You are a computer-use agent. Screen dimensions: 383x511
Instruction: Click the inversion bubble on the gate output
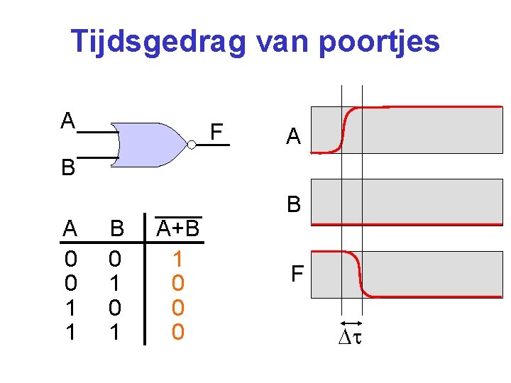tap(192, 144)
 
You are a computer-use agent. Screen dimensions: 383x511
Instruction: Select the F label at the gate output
tap(216, 132)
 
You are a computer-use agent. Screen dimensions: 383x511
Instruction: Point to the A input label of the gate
tap(68, 121)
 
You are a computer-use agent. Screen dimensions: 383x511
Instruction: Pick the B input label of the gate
tap(68, 168)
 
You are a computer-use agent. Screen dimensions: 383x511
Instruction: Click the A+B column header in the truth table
tap(177, 228)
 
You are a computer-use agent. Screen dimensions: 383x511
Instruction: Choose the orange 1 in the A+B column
tap(178, 257)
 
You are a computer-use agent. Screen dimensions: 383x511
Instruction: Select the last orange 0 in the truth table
tap(178, 331)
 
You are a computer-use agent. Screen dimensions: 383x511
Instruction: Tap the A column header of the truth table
tap(70, 229)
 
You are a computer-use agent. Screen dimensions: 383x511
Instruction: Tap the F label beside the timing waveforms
tap(297, 273)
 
